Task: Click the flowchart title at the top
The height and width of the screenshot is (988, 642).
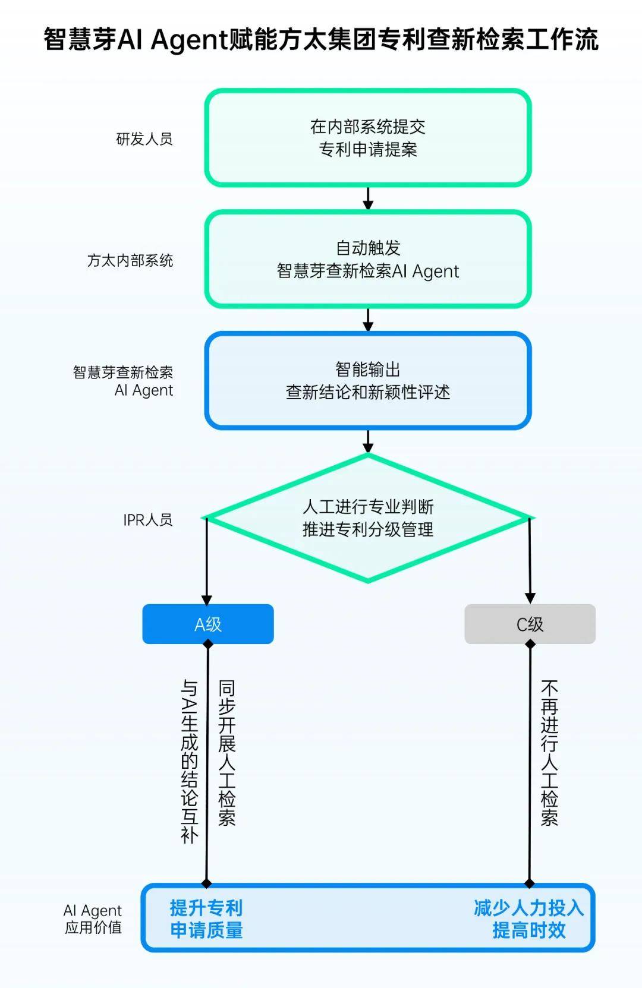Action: point(321,40)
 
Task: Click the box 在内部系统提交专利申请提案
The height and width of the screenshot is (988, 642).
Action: point(367,138)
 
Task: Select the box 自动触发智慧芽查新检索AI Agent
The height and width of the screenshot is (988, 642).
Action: point(367,260)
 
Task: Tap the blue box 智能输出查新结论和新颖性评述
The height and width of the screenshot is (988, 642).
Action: point(367,381)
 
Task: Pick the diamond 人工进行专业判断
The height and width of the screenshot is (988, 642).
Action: point(367,518)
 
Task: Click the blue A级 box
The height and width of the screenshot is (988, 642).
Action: point(208,624)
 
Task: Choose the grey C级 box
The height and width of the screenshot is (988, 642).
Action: point(530,624)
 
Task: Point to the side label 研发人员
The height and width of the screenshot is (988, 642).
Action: point(144,139)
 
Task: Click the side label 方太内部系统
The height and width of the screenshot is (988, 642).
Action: point(130,260)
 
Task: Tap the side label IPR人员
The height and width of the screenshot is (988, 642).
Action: point(147,520)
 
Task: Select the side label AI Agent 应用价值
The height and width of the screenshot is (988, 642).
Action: point(93,918)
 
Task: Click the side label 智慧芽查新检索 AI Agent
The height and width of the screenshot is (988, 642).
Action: point(124,381)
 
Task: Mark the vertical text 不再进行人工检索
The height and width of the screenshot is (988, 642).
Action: point(549,753)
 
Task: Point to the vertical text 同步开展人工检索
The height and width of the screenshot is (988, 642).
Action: point(227,753)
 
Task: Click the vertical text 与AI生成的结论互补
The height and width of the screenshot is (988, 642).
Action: point(189,761)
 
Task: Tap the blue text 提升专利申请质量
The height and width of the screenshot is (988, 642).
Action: point(206,918)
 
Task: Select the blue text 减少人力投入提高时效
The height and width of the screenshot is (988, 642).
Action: point(528,918)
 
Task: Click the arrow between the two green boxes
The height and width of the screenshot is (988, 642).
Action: point(368,198)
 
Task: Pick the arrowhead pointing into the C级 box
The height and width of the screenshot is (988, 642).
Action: point(530,598)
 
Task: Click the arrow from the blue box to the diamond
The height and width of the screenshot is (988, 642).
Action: point(368,441)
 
